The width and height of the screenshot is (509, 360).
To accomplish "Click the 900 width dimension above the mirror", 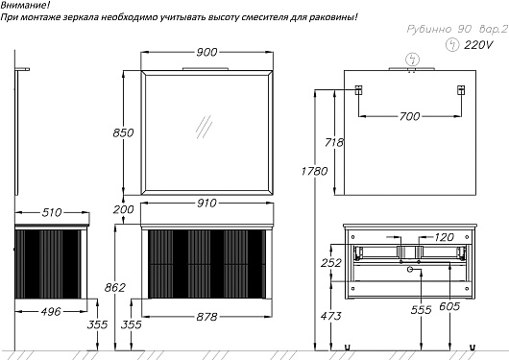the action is tap(206, 52).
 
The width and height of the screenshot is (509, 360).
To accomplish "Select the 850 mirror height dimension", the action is tap(123, 132).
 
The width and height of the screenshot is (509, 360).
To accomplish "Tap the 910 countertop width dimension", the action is tap(206, 204).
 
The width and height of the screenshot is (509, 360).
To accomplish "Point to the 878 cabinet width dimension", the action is tap(206, 316).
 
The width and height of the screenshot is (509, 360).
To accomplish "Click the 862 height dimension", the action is tap(115, 287).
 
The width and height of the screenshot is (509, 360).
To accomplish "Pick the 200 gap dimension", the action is tap(123, 209).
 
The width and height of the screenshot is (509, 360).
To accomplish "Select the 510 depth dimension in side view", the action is tap(52, 212).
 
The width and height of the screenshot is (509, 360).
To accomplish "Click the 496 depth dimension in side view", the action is tap(51, 312).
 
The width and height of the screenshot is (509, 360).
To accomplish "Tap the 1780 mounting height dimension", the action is tap(314, 171).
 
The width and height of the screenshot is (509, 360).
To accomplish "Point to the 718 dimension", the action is tap(334, 142).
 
